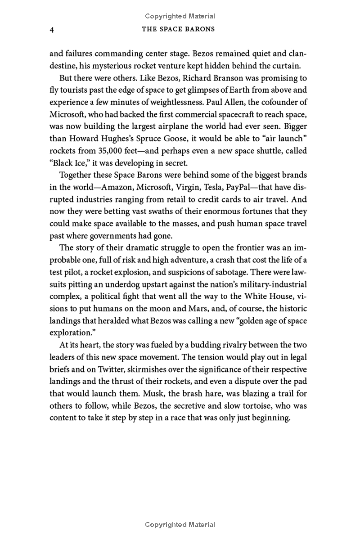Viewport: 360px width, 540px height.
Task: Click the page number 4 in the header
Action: [x=52, y=30]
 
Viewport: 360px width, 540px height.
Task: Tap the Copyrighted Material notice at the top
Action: [x=180, y=16]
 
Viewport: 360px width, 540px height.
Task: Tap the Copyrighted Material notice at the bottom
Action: [x=180, y=525]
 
